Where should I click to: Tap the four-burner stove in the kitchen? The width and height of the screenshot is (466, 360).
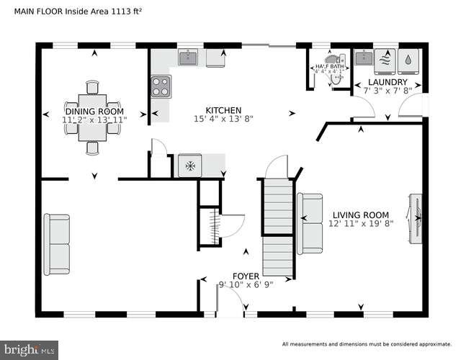160,86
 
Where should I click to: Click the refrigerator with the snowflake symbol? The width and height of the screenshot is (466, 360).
191,166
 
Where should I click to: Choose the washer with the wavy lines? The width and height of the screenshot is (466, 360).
387,61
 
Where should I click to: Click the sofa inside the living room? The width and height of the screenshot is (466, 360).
310,224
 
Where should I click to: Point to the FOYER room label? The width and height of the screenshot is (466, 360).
246,276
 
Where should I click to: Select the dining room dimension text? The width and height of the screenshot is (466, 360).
94,120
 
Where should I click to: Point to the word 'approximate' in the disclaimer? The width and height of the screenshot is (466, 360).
432,344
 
